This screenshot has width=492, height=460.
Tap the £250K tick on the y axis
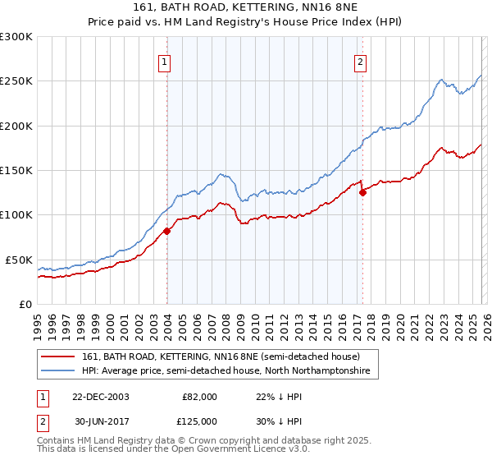click(16, 81)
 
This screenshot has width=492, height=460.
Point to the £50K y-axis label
click(20, 260)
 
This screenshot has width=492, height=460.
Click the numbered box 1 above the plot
click(165, 60)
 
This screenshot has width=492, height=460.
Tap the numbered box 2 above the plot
click(360, 60)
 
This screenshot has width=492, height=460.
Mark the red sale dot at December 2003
click(167, 231)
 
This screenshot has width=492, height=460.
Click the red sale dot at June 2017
click(362, 193)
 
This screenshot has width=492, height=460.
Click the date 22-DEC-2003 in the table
click(100, 397)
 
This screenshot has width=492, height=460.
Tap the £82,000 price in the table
click(198, 397)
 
